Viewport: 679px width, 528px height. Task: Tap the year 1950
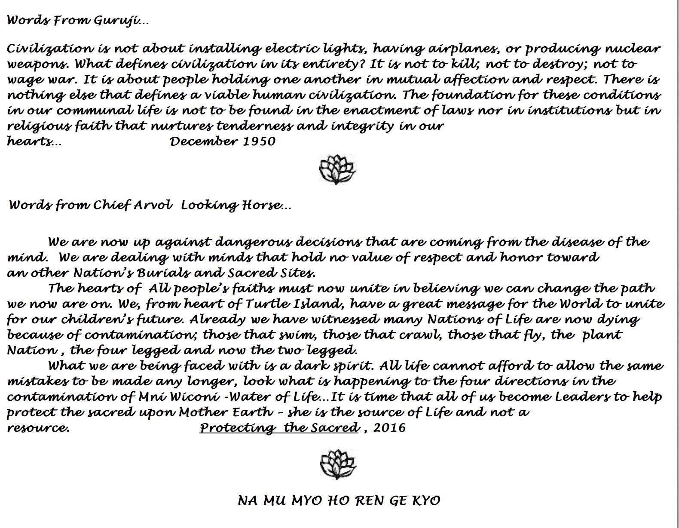point(259,141)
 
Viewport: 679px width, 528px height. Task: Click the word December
point(203,141)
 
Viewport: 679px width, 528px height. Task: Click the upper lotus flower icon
point(337,169)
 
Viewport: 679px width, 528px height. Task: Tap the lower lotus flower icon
point(338,465)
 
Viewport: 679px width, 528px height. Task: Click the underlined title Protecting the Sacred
point(279,428)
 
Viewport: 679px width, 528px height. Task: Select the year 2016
point(390,428)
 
